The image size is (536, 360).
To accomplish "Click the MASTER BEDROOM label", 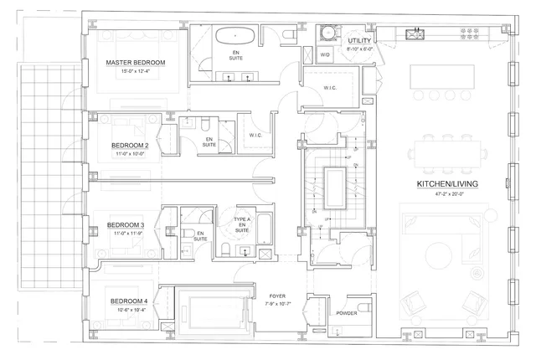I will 135,63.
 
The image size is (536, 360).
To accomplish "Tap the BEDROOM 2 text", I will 130,145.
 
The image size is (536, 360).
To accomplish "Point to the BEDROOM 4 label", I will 128,301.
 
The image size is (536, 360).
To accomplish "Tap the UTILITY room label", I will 349,39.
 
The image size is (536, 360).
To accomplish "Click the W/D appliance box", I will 324,54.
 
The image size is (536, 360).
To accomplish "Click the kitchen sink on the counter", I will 415,34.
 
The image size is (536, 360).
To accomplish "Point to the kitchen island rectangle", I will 441,76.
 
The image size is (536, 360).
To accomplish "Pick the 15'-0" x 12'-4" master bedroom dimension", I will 134,71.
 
